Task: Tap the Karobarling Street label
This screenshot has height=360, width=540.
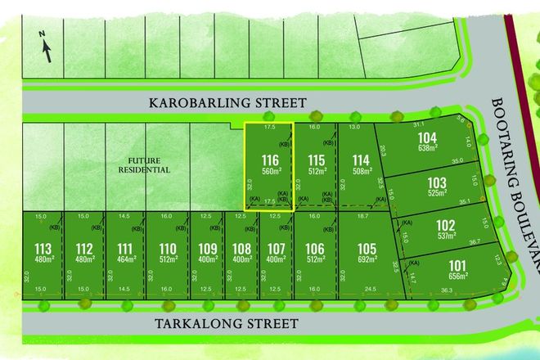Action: [x=227, y=103]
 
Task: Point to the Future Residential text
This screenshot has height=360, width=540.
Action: [x=147, y=165]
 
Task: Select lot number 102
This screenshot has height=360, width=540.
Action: [x=445, y=224]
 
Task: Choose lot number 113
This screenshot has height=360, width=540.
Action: [x=43, y=248]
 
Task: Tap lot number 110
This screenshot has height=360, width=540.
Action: [x=168, y=248]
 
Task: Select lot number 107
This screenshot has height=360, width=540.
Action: [x=276, y=248]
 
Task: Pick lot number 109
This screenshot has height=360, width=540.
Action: [x=208, y=248]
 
